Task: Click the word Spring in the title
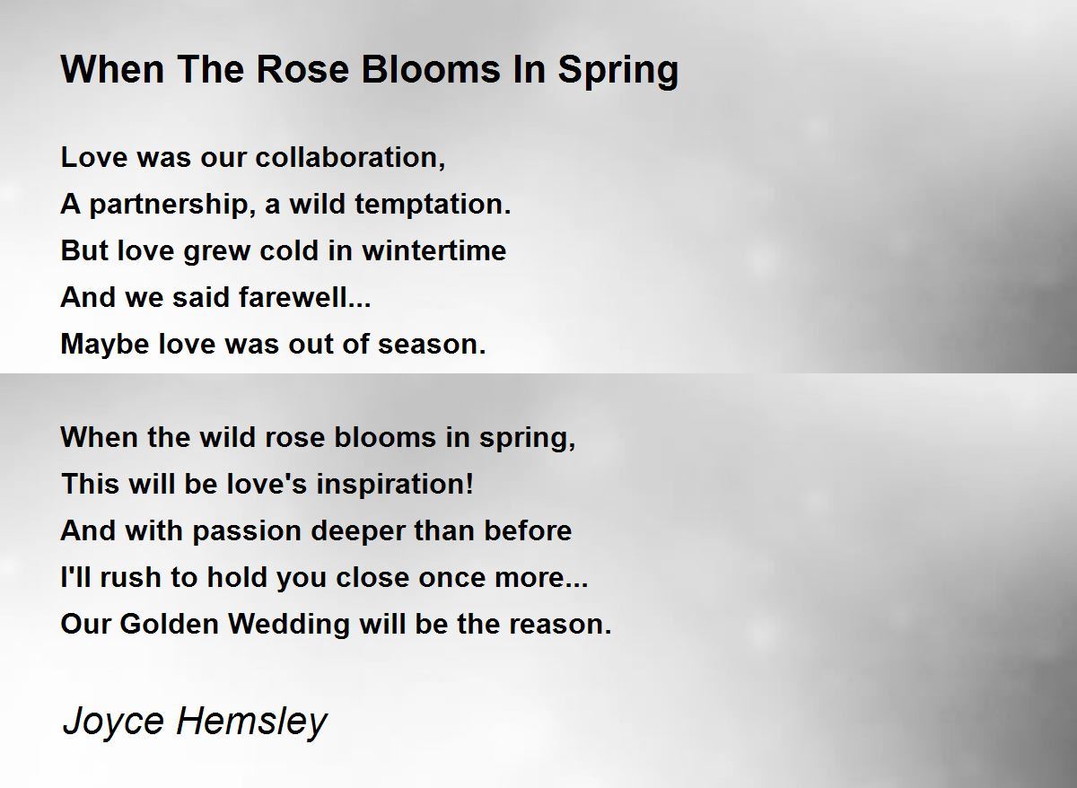(x=617, y=71)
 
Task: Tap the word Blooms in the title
(x=431, y=69)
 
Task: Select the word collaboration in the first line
(x=351, y=157)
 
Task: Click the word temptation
(x=433, y=205)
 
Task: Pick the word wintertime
(x=434, y=250)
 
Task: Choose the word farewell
(x=305, y=297)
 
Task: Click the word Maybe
(x=105, y=345)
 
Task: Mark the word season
(x=432, y=346)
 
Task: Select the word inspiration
(x=395, y=485)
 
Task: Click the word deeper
(x=358, y=531)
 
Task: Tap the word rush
(x=130, y=577)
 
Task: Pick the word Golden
(x=170, y=624)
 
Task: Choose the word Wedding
(x=289, y=625)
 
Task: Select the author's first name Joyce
(x=113, y=722)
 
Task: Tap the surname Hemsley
(x=252, y=722)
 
